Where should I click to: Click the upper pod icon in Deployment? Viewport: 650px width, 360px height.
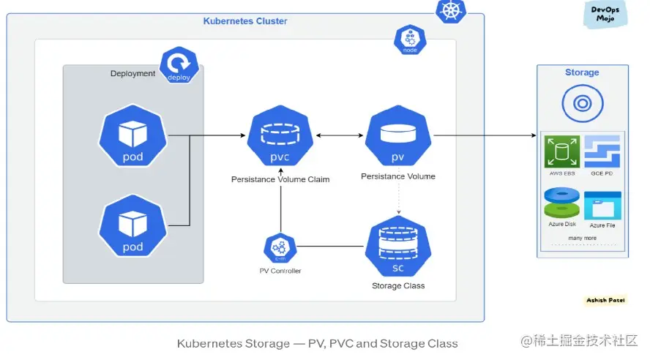click(132, 137)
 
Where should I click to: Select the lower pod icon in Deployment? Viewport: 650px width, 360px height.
click(132, 227)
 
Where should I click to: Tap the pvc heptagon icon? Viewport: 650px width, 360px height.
click(280, 137)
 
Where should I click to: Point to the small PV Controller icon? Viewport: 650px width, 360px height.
click(280, 248)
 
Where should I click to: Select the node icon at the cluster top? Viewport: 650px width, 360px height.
click(410, 40)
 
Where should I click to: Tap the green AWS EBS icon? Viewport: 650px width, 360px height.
click(562, 152)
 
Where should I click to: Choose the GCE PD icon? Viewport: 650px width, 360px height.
click(602, 151)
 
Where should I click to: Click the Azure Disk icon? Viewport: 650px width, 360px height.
click(562, 203)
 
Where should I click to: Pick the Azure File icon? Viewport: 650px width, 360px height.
click(602, 206)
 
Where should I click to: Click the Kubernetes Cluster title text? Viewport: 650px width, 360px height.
click(245, 21)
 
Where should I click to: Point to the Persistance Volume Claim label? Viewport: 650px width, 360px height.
click(280, 179)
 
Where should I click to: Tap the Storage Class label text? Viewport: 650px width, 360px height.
click(398, 285)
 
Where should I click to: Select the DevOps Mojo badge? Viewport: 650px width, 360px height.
click(605, 13)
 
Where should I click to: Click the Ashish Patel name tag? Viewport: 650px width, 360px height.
click(605, 300)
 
